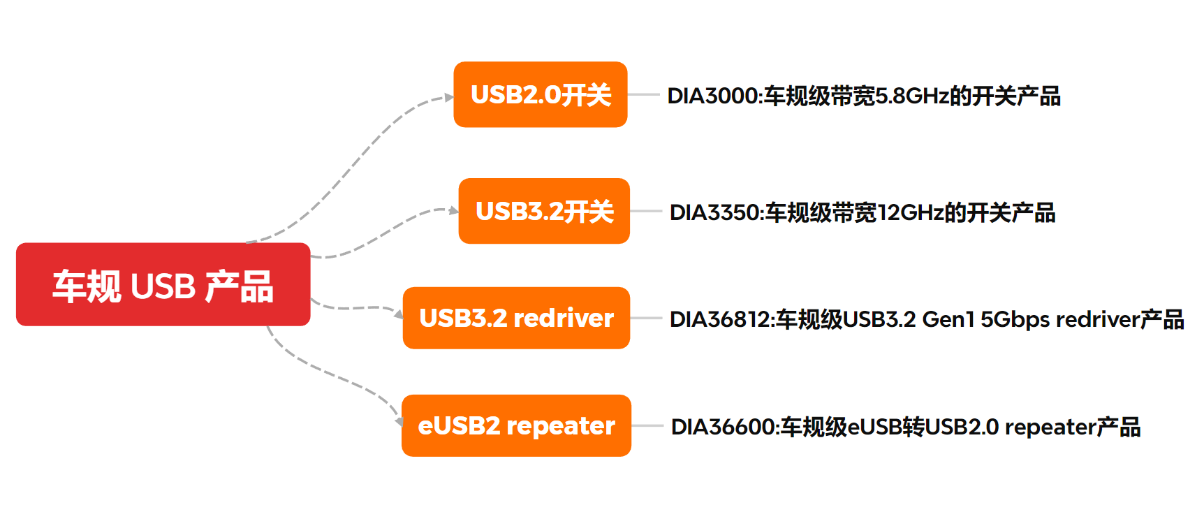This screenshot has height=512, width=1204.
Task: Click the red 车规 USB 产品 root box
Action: (163, 284)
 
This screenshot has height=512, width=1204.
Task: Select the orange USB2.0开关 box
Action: (540, 94)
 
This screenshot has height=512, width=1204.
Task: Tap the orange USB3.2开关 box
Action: (543, 211)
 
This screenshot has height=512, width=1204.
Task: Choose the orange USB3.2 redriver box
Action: (516, 318)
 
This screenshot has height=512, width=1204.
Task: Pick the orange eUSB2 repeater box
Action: (516, 425)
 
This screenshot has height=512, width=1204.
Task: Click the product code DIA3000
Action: (712, 96)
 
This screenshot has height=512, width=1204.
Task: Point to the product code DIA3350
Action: (714, 212)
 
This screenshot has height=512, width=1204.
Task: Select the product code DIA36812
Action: (719, 319)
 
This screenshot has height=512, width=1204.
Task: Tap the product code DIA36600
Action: (722, 427)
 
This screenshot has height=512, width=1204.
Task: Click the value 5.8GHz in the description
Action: (911, 96)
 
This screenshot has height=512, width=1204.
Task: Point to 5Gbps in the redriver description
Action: (1015, 319)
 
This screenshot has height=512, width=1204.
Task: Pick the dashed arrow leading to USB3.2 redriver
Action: (356, 307)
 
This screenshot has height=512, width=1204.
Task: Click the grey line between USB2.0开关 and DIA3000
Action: (644, 94)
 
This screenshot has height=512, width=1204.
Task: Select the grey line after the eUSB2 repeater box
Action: (647, 425)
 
